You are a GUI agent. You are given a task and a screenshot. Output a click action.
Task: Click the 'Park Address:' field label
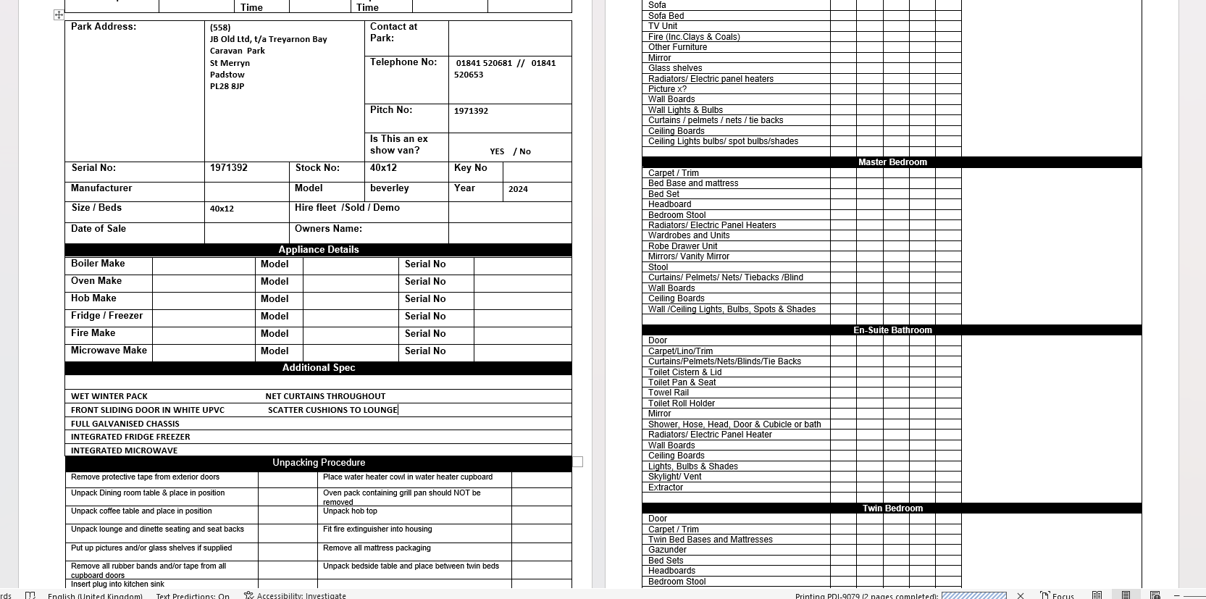coord(104,27)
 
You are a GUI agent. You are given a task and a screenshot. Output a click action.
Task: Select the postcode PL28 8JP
coord(227,86)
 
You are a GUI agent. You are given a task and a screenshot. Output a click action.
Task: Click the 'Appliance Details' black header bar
coord(319,250)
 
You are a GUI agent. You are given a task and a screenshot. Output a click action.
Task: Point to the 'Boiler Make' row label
coord(98,264)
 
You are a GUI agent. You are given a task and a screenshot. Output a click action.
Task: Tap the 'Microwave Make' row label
coord(109,351)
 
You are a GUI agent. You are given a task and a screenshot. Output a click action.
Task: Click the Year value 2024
coord(518,189)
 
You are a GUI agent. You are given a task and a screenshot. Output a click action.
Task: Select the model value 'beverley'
coord(390,188)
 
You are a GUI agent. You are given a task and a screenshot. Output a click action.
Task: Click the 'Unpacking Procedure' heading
coord(319,463)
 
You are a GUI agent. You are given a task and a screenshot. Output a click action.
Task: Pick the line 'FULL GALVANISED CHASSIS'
coord(125,424)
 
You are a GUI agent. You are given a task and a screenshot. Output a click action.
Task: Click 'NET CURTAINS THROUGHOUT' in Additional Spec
coord(325,396)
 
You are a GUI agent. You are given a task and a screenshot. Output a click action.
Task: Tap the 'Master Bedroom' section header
coord(892,162)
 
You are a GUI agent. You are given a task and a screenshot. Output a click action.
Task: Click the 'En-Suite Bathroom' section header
coord(892,330)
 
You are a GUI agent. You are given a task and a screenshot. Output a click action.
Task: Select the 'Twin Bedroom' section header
coord(892,508)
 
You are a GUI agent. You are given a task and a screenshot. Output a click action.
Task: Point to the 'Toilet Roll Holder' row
coord(682,403)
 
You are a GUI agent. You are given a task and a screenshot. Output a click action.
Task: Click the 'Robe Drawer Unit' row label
coord(683,246)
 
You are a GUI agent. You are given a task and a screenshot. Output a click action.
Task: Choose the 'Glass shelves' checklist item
coord(675,68)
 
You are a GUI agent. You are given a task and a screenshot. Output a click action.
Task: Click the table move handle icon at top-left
coord(59,14)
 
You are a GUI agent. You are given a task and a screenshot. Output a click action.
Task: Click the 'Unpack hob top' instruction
coord(350,511)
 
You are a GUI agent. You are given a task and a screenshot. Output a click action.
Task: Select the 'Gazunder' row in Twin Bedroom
coord(667,550)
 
